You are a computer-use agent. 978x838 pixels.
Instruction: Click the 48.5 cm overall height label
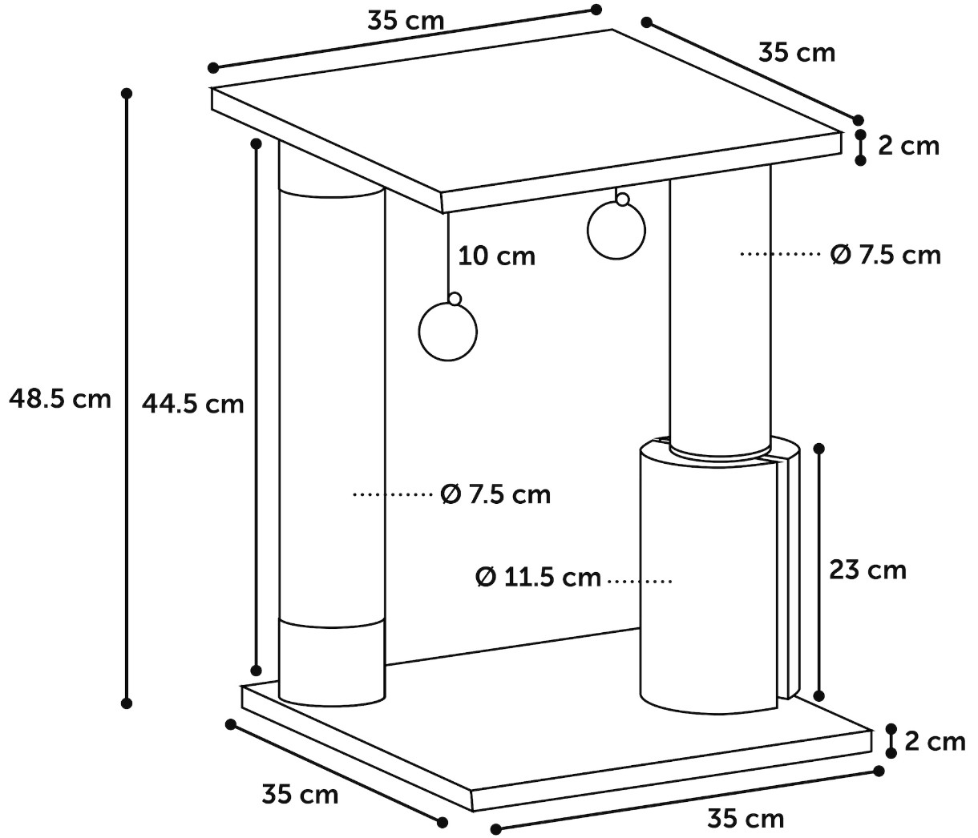click(60, 399)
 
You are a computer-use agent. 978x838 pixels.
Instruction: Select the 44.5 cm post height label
click(192, 404)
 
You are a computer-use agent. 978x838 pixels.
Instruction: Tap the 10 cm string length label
click(496, 256)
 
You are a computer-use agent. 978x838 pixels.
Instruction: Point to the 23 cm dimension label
click(867, 570)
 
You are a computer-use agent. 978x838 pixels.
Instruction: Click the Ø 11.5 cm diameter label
click(538, 578)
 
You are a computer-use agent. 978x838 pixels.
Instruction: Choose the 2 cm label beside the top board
click(908, 146)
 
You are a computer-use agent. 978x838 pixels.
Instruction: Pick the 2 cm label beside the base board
click(935, 741)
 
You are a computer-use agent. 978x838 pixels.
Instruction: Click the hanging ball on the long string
click(447, 332)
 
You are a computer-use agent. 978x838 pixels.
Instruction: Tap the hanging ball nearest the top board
click(616, 231)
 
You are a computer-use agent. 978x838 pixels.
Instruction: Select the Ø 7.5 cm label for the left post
click(495, 494)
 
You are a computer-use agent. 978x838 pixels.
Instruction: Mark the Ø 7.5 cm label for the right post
click(885, 255)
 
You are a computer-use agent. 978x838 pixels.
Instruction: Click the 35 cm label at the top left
click(406, 22)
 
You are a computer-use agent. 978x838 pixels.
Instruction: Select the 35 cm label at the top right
click(797, 53)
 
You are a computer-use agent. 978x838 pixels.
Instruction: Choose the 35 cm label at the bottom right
click(746, 818)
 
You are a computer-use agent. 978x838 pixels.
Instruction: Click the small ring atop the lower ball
click(455, 298)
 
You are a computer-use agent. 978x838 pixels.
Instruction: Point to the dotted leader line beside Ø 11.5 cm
click(639, 580)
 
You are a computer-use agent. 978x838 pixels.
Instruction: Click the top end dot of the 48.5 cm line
click(127, 93)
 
